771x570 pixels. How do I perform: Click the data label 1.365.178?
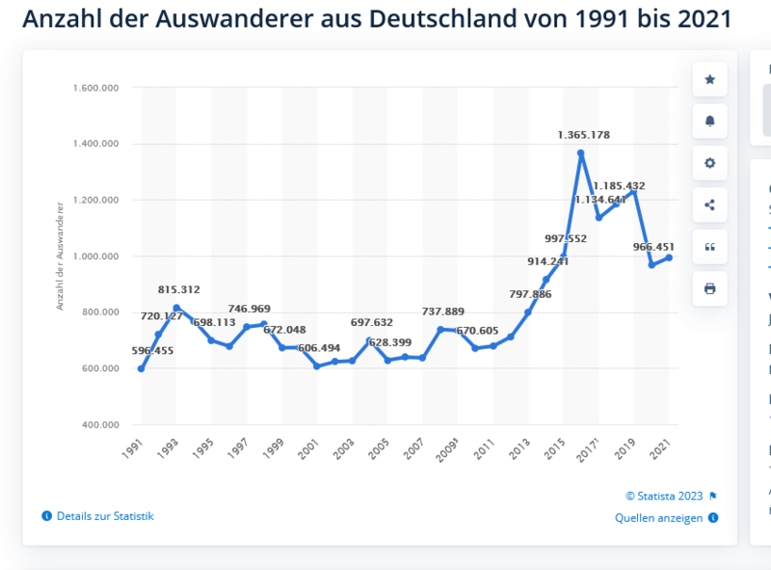pyautogui.click(x=583, y=135)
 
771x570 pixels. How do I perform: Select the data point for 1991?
pyautogui.click(x=141, y=368)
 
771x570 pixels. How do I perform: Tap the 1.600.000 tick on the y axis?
pyautogui.click(x=94, y=88)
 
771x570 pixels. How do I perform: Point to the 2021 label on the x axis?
pyautogui.click(x=661, y=448)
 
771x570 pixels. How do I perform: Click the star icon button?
pyautogui.click(x=710, y=79)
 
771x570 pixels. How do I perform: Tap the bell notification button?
pyautogui.click(x=710, y=121)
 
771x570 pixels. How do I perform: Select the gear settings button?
pyautogui.click(x=710, y=163)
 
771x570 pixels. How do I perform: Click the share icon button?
pyautogui.click(x=710, y=204)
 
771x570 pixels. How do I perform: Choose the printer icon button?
pyautogui.click(x=710, y=288)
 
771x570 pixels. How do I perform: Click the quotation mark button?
pyautogui.click(x=710, y=247)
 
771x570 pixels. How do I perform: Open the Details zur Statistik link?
pyautogui.click(x=104, y=516)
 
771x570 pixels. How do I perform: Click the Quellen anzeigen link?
pyautogui.click(x=660, y=518)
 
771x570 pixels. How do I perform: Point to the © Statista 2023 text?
pyautogui.click(x=664, y=496)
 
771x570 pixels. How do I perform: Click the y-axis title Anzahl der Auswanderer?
pyautogui.click(x=60, y=256)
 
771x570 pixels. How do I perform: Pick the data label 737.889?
pyautogui.click(x=443, y=312)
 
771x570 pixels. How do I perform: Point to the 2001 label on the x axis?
pyautogui.click(x=308, y=448)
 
